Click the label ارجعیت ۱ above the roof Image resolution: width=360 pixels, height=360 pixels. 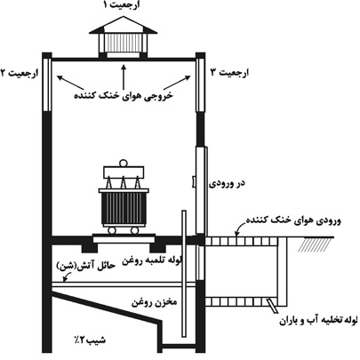(122, 5)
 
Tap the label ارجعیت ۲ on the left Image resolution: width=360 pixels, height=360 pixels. (20, 73)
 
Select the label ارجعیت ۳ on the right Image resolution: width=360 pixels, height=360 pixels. (229, 73)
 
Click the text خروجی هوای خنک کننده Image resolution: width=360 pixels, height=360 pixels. (123, 96)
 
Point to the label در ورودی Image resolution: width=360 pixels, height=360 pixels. (227, 183)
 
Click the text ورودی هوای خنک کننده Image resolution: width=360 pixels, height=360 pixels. (293, 220)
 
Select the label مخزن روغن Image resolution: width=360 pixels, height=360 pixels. (154, 302)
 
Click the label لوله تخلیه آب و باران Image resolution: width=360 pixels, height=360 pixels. (320, 320)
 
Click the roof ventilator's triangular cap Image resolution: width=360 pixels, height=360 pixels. (123, 25)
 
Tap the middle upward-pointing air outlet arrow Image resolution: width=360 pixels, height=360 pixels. (124, 76)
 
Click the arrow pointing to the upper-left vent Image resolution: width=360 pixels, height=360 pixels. (70, 83)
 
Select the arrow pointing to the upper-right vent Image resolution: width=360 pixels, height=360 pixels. (177, 82)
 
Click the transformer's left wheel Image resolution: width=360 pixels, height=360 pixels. (111, 230)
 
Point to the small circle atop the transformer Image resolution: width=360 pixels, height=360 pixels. (123, 163)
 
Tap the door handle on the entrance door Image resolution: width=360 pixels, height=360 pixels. (194, 181)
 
